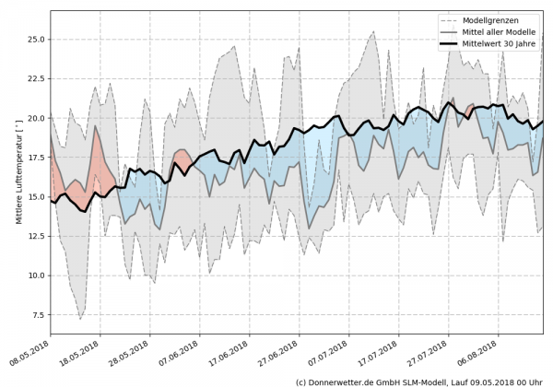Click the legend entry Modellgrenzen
(490, 19)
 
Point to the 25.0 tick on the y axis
(34, 40)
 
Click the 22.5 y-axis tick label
(34, 79)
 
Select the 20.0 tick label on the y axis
(34, 119)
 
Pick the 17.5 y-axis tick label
(34, 158)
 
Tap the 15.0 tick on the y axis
(34, 197)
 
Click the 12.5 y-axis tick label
(34, 237)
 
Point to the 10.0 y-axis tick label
(34, 276)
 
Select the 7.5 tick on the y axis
(37, 315)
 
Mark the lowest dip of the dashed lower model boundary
(80, 319)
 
